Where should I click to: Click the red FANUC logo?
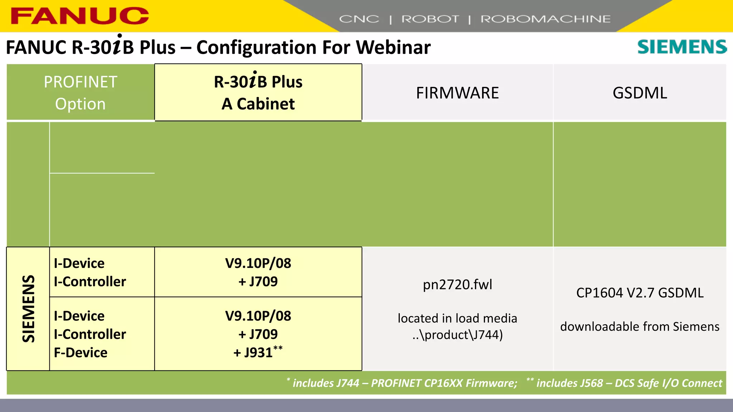point(80,16)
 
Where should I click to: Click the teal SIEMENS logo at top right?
point(682,47)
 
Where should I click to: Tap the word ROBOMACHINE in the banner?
point(545,19)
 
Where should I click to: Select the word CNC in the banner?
point(359,19)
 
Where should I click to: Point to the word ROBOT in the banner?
point(430,19)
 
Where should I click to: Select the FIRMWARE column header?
point(457,93)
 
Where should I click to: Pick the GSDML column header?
point(640,93)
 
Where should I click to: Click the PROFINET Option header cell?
point(81,93)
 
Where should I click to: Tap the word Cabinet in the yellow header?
point(266,104)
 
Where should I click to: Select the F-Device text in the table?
point(81,353)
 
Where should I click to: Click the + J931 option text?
point(253,353)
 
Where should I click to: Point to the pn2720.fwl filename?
point(457,285)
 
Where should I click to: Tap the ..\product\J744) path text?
point(457,335)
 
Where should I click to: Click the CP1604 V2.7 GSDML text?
point(640,293)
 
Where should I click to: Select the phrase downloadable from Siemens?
point(640,327)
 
